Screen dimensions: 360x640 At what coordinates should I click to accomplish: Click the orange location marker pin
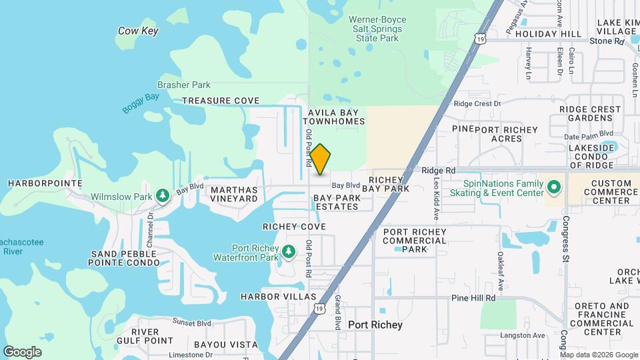pos(320,159)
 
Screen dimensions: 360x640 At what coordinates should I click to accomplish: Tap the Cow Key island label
pos(137,31)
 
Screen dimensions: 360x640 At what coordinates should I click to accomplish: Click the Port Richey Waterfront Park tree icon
pos(288,252)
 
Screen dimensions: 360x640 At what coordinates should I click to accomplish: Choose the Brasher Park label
pos(183,85)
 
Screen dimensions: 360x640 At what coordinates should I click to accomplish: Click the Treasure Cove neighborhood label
pos(221,101)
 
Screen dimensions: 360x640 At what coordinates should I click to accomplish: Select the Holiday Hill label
pos(548,33)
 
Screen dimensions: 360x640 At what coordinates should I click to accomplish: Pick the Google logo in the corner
pos(22,351)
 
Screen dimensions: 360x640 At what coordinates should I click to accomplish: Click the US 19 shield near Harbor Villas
pos(320,309)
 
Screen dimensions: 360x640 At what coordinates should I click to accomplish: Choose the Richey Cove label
pos(294,227)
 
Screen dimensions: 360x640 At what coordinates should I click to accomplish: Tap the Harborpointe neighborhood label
pos(45,183)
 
